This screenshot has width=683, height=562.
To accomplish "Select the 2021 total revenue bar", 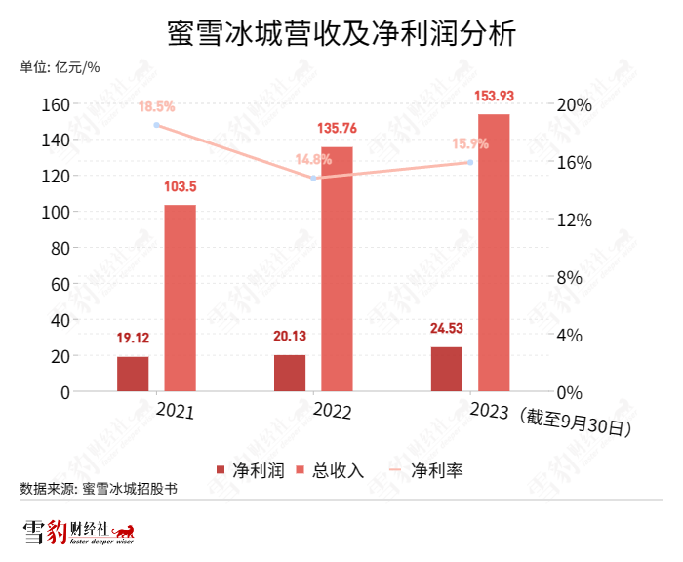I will [180, 298].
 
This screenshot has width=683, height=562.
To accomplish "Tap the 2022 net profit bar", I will [290, 373].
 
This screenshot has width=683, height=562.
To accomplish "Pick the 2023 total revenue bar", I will [493, 253].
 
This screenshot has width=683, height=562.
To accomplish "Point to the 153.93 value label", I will [494, 96].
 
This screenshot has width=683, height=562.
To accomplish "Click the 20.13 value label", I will [289, 337].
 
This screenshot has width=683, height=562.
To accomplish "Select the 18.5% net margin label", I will [156, 106].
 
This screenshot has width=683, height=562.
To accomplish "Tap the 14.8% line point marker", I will [313, 179].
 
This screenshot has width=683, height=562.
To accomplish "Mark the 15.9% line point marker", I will [469, 162].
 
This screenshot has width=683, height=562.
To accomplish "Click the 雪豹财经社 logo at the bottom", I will [78, 533].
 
